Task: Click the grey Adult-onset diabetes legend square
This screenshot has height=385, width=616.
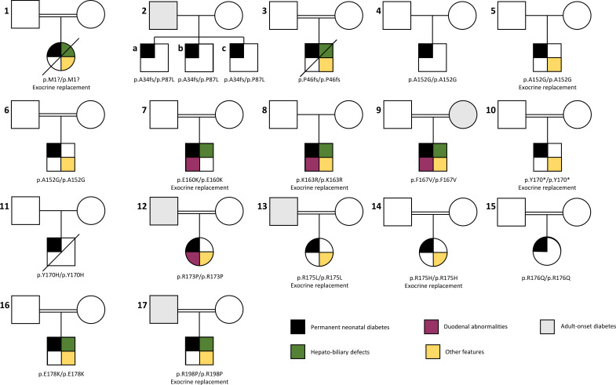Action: click(x=549, y=325)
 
